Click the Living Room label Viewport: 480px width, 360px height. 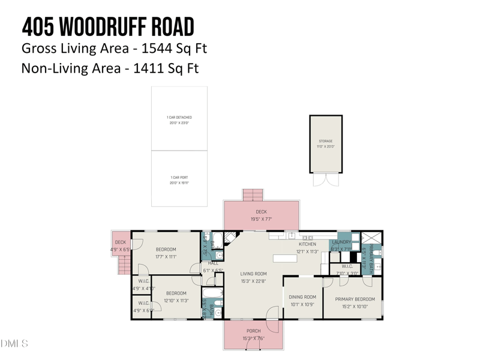point(254,274)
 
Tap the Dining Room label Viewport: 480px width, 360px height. point(302,297)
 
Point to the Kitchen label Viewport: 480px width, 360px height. point(308,244)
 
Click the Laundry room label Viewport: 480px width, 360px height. point(341,242)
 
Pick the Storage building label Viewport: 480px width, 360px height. point(326,141)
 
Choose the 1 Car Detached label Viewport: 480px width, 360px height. point(179,118)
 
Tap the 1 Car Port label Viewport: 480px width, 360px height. point(179,178)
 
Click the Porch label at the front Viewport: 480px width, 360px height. point(254,331)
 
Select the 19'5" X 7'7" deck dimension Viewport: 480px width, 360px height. point(262,219)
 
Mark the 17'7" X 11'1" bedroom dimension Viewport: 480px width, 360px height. point(166,257)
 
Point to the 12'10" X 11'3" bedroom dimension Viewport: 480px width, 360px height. point(176,301)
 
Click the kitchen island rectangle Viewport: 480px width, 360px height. point(285,259)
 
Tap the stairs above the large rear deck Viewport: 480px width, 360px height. point(253,195)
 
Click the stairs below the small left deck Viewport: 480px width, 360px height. point(125,264)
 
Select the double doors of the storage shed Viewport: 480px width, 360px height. point(326,179)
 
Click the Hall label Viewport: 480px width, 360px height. point(214,263)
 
